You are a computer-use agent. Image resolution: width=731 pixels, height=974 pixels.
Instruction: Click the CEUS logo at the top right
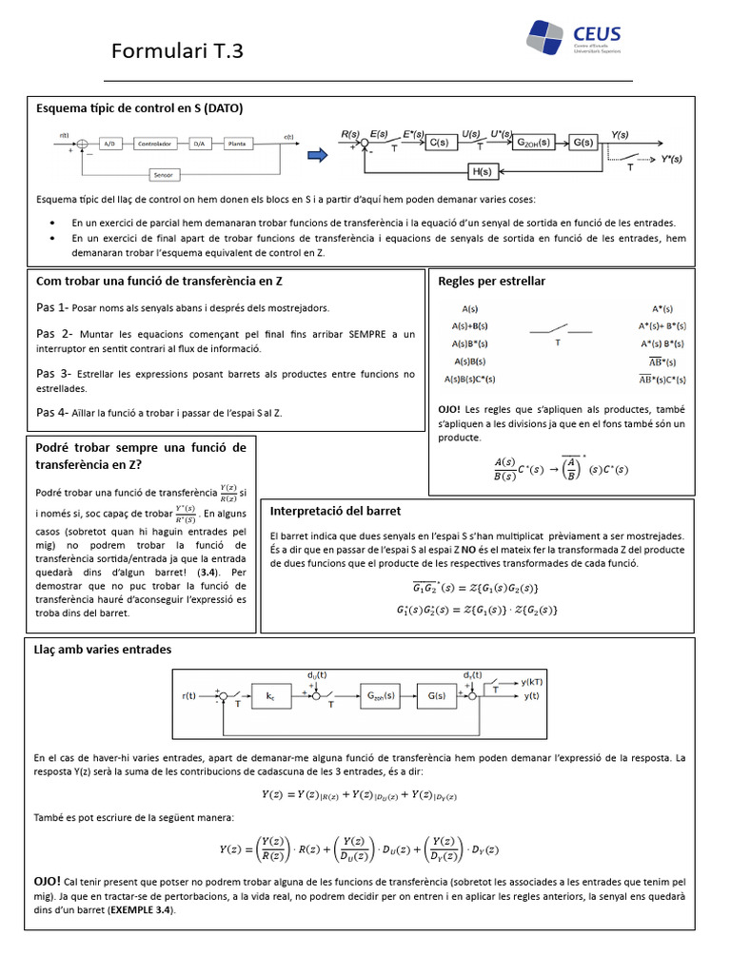572,38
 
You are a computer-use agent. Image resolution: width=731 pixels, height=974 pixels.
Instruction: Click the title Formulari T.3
177,50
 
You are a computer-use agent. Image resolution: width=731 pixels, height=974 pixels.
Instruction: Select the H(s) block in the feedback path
482,171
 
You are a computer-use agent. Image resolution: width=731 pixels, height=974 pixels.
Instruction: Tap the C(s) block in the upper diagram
438,143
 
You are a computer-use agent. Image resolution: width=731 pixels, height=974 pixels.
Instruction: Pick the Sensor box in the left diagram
163,175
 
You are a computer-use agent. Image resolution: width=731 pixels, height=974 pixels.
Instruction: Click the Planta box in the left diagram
238,145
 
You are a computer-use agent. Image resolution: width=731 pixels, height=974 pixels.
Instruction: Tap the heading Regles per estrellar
491,282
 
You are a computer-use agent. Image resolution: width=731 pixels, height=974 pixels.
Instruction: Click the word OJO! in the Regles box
450,408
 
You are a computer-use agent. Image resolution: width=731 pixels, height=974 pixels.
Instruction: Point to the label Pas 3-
52,373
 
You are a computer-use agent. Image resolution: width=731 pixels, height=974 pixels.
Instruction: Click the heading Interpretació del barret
335,511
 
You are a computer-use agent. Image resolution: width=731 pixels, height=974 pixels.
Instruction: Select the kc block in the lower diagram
269,696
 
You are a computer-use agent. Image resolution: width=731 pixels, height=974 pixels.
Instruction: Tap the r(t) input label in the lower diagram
188,696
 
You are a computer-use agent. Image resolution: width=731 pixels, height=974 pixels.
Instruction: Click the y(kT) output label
532,682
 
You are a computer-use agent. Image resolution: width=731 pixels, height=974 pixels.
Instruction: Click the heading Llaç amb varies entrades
103,649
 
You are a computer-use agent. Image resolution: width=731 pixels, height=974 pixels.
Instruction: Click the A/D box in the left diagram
109,145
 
